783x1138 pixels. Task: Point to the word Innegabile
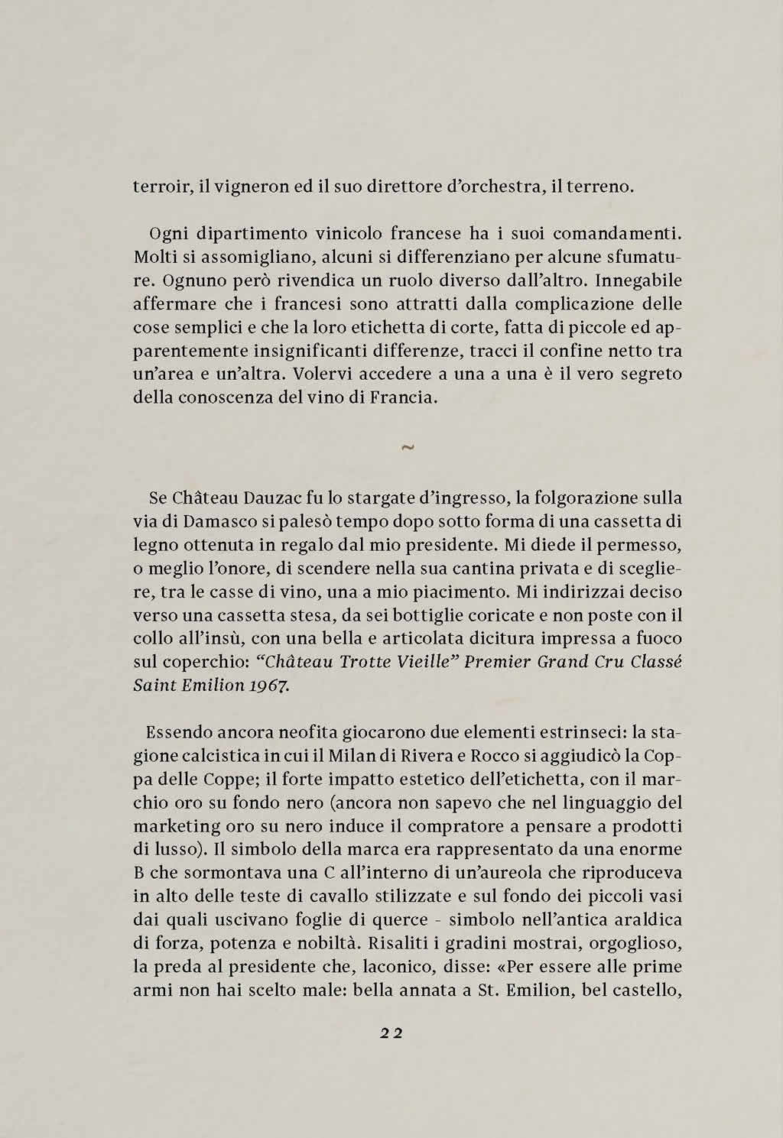(638, 280)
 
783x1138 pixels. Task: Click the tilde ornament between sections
(407, 448)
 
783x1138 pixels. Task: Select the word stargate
(379, 498)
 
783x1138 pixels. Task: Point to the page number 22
(391, 1033)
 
